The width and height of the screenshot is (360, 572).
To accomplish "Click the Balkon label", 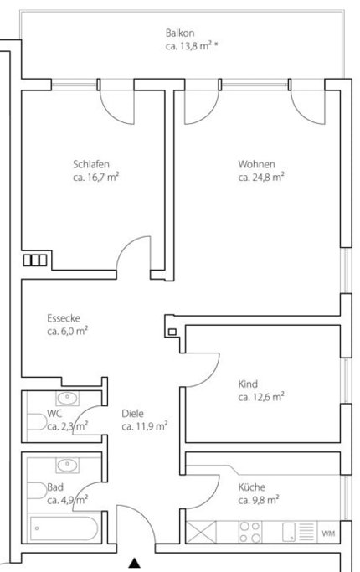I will [180, 33].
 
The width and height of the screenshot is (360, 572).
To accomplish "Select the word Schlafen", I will [91, 164].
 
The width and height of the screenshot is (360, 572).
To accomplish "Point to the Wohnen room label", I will [256, 164].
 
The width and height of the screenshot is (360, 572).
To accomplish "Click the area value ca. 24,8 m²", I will [260, 178].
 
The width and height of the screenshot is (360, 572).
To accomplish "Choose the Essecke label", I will [64, 318].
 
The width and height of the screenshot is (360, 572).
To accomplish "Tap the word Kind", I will [248, 384].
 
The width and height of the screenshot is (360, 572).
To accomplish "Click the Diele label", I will [132, 413].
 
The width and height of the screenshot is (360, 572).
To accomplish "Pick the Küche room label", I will [253, 485].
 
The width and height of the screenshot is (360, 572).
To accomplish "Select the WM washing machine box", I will [329, 533].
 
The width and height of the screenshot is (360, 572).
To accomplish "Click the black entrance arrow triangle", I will [134, 563].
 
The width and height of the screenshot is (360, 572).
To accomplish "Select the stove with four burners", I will [251, 532].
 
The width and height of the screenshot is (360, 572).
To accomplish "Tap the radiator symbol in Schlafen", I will [35, 260].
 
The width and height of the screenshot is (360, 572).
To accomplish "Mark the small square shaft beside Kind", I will [172, 332].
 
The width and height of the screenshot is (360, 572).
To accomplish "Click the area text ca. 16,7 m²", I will [95, 178].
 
